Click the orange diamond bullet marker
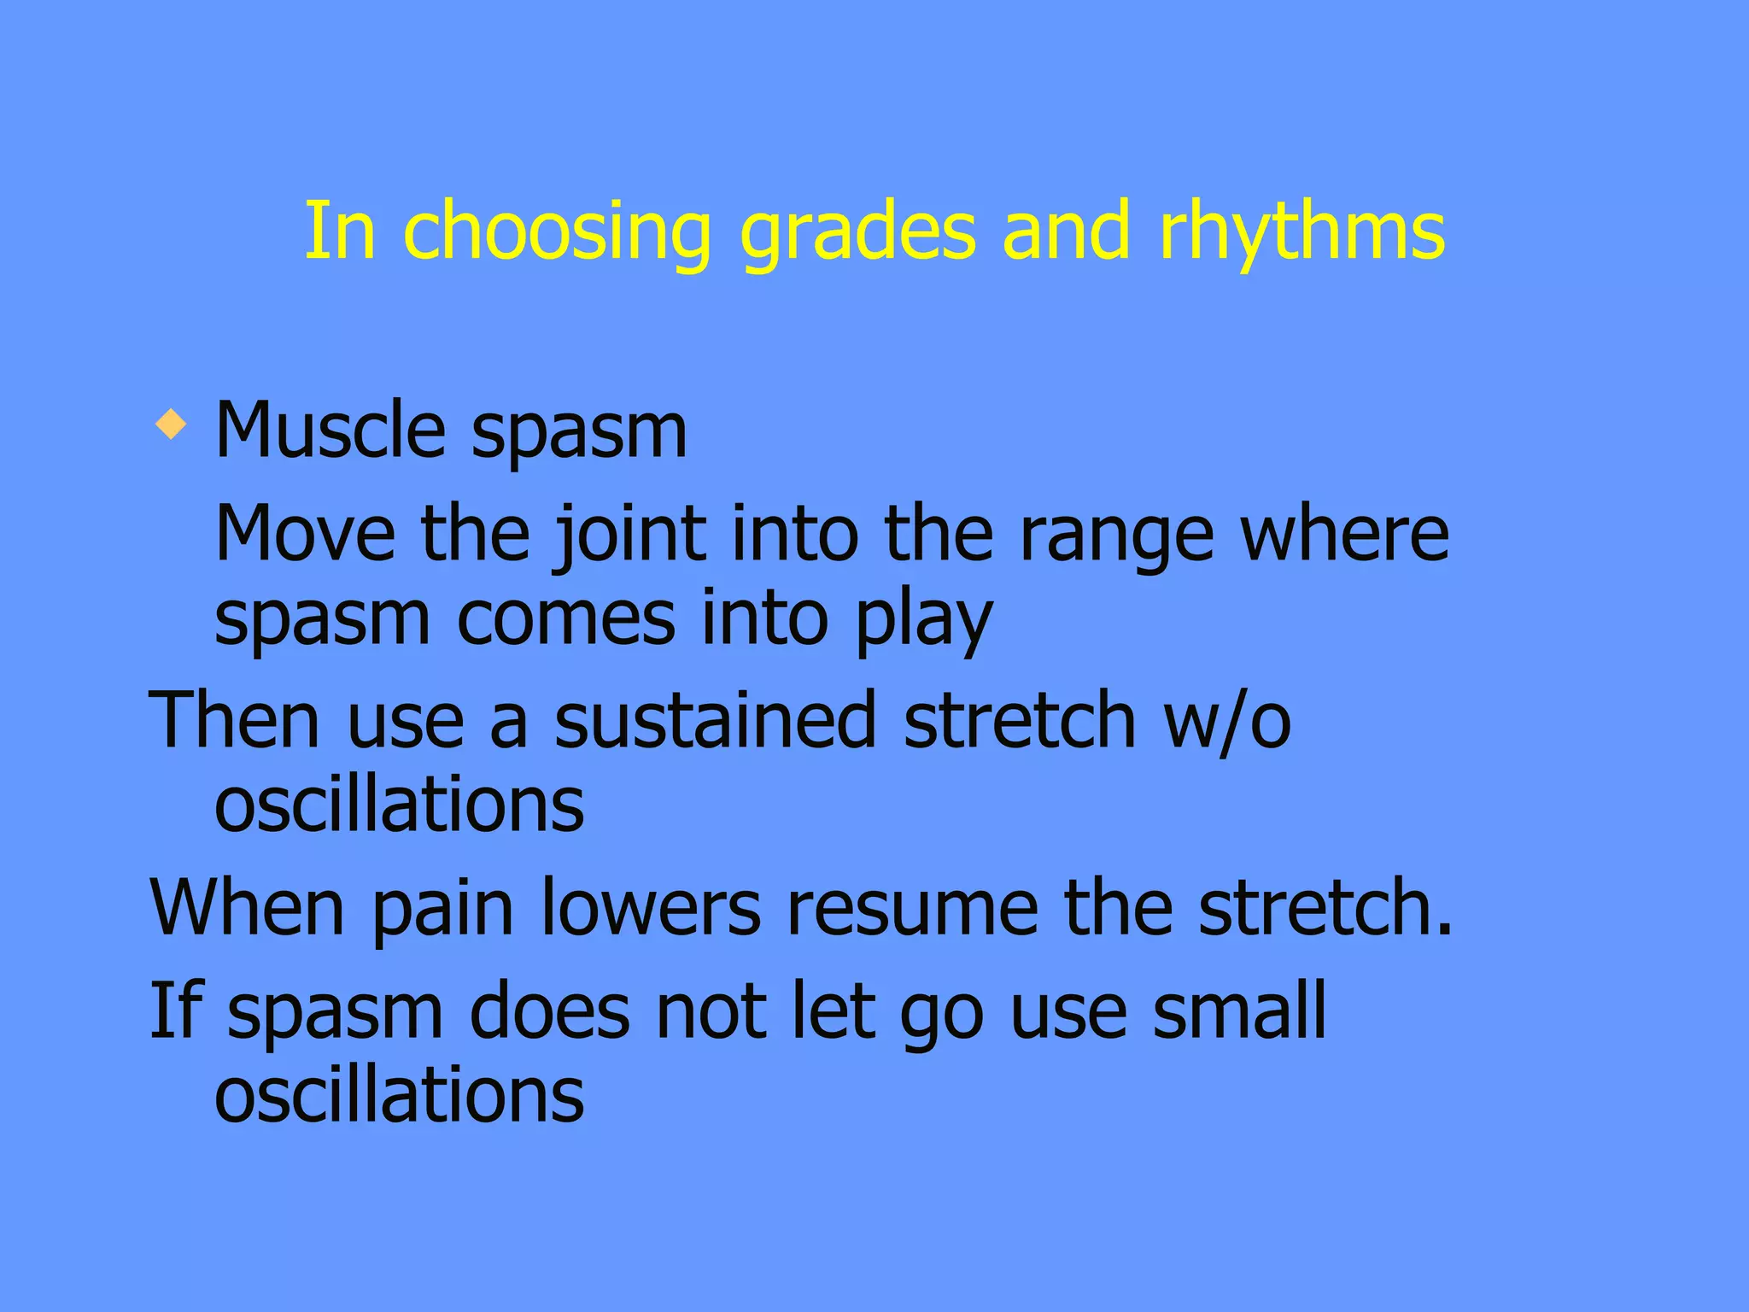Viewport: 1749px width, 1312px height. pyautogui.click(x=172, y=425)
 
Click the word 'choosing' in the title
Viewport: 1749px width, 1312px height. pyautogui.click(x=556, y=232)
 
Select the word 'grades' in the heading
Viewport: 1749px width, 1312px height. pyautogui.click(x=857, y=232)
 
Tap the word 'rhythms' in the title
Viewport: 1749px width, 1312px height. pyautogui.click(x=1302, y=232)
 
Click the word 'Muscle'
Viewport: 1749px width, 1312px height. pyautogui.click(x=330, y=430)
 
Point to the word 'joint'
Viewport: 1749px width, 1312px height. pyautogui.click(x=630, y=535)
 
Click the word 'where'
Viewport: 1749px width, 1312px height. pyautogui.click(x=1344, y=533)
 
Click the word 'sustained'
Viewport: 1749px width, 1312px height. pyautogui.click(x=715, y=721)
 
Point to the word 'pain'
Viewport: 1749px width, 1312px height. pyautogui.click(x=442, y=909)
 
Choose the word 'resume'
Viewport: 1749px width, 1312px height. pyautogui.click(x=911, y=909)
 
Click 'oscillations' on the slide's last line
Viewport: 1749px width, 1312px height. pyautogui.click(x=399, y=1094)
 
